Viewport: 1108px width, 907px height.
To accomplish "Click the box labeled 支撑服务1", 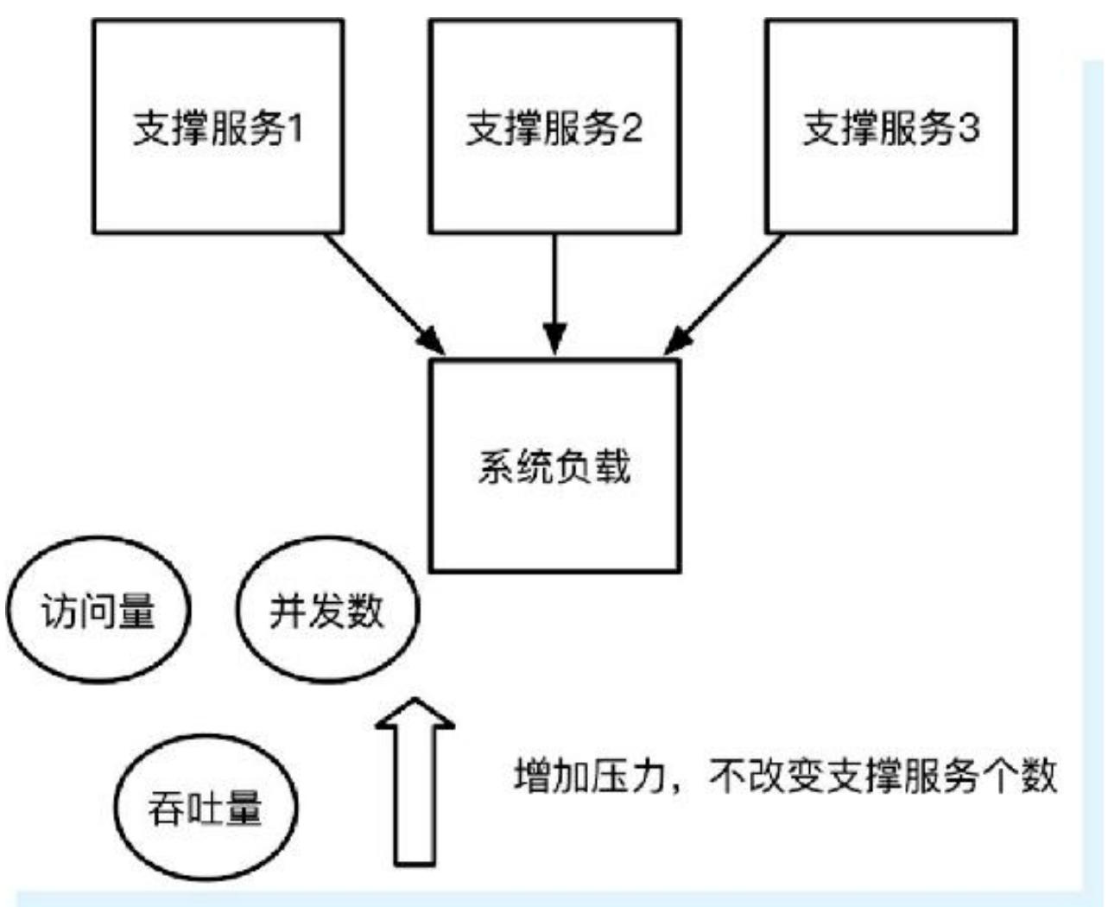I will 218,127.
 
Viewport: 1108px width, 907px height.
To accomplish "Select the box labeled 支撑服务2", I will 554,127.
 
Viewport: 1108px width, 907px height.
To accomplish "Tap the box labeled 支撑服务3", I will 890,127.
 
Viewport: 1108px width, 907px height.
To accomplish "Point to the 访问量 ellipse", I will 98,611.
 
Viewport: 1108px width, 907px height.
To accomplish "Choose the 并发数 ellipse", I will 326,611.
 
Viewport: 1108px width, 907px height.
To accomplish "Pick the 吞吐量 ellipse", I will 205,808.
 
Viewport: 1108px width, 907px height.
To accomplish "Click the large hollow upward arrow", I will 415,786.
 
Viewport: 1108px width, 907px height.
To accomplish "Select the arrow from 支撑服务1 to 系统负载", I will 384,294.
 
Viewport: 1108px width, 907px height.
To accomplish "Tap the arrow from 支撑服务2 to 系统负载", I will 554,294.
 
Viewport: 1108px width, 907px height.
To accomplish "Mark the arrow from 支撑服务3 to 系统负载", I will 725,294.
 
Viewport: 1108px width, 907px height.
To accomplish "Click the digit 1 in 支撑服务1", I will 294,129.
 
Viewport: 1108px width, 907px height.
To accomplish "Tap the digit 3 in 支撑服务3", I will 969,129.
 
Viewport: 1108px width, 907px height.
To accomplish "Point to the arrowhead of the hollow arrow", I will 415,715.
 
